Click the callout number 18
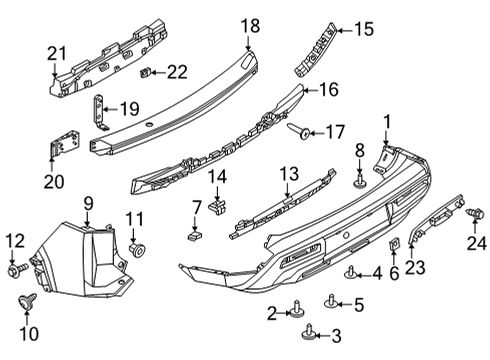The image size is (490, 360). click(x=250, y=25)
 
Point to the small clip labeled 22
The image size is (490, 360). click(x=146, y=72)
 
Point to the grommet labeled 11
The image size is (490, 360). click(x=137, y=246)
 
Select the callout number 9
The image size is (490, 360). click(x=88, y=205)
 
